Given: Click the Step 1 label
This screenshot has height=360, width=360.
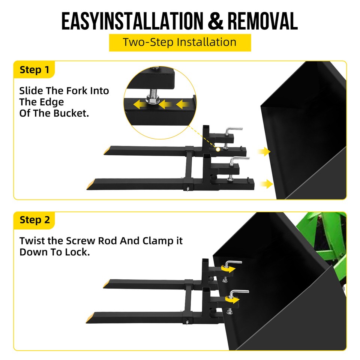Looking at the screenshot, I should click(x=34, y=70).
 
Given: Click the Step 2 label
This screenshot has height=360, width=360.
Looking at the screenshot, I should click(x=34, y=220).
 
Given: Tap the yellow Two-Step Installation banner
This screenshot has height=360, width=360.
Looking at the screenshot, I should click(x=180, y=42).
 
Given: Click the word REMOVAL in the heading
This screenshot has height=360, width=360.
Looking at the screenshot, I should click(x=263, y=22).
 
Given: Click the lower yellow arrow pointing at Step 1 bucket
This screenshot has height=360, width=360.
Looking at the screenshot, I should click(x=266, y=183).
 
